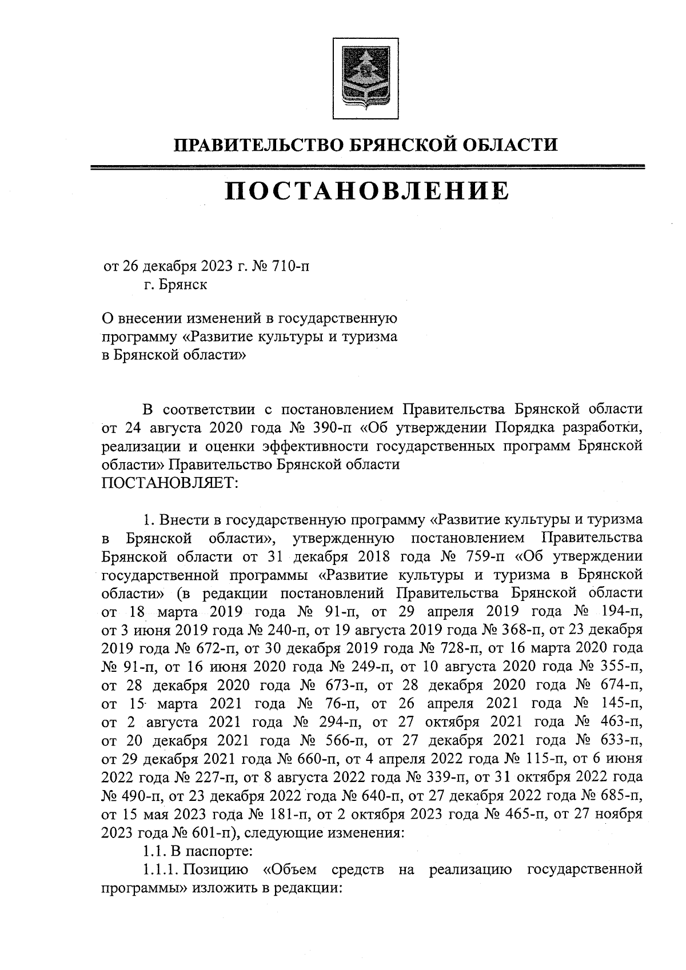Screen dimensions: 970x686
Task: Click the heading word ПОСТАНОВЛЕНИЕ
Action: (x=366, y=190)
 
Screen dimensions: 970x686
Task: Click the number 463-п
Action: (x=621, y=722)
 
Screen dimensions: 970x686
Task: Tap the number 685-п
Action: (x=620, y=796)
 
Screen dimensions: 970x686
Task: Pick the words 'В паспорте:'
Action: (x=212, y=851)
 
